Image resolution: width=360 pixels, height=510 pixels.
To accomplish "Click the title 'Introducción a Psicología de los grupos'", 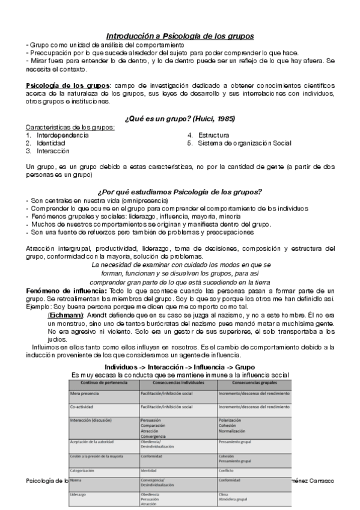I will click(180, 36).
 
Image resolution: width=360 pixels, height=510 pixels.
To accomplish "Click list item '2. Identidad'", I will click(46, 144).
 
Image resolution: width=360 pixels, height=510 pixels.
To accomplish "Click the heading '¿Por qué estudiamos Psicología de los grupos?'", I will click(180, 192).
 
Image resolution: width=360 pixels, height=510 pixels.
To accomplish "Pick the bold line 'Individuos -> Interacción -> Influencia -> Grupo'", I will click(180, 366).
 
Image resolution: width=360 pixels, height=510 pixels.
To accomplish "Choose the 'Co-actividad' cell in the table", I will click(82, 407).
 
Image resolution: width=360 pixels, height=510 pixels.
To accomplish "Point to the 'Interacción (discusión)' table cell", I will click(93, 420).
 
